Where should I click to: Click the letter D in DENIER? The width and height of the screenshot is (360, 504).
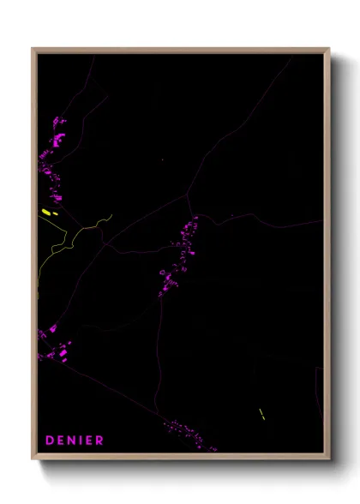(50, 441)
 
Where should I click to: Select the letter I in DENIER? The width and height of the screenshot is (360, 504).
(83, 441)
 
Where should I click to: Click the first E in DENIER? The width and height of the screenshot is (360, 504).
(62, 441)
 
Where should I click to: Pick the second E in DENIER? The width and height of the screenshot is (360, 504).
(91, 441)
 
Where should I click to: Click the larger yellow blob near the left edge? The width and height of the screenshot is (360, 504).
(45, 211)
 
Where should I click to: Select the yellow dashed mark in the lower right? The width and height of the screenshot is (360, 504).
(261, 414)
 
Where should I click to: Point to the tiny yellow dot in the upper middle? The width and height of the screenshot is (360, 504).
(162, 160)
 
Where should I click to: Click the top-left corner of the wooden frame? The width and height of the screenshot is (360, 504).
(33, 49)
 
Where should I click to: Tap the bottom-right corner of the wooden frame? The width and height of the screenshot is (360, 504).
(329, 459)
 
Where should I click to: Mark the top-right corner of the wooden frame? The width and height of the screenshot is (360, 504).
(329, 49)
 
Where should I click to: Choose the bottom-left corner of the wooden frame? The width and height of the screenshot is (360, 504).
(33, 459)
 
